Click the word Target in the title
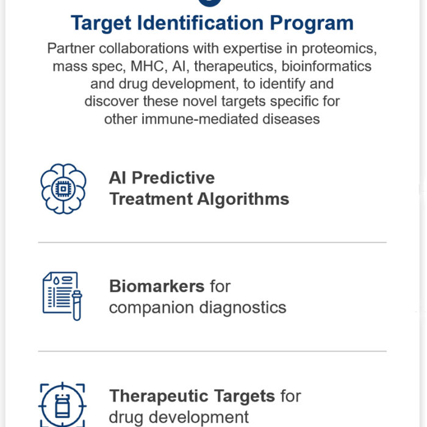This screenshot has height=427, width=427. (101, 24)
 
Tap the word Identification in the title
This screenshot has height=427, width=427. (201, 23)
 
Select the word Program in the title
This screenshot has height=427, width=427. (312, 24)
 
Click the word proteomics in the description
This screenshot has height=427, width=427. (339, 49)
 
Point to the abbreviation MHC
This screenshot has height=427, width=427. (148, 66)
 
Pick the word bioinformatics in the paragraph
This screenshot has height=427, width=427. (326, 66)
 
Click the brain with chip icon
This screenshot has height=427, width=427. (63, 188)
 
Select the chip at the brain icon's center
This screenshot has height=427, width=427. (63, 188)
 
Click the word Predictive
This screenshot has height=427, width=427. (173, 178)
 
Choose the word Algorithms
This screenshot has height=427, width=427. (243, 199)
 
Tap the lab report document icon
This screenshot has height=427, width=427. (60, 293)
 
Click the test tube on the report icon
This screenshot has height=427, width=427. (77, 305)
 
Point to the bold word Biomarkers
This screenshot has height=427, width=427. (157, 286)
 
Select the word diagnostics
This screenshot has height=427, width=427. (243, 308)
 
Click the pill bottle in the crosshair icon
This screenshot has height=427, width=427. (62, 406)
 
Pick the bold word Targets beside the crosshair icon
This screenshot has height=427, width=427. (245, 396)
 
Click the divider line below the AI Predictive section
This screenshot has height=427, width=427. (212, 242)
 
